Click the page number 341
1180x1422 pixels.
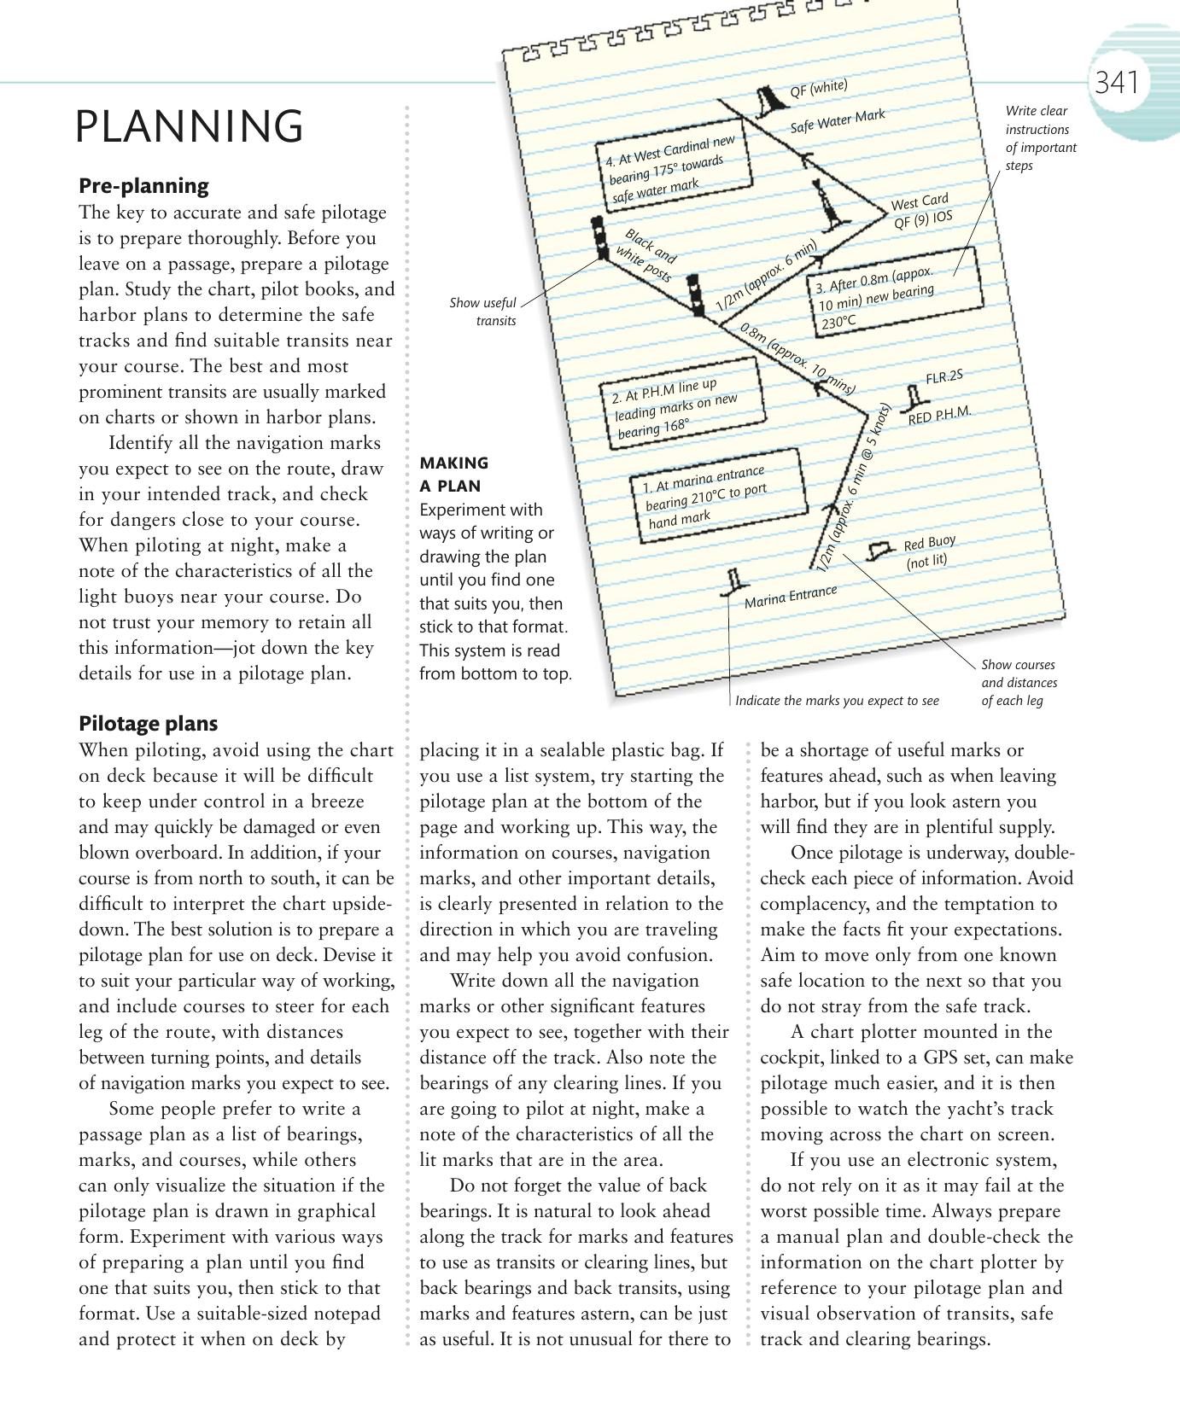click(x=1116, y=83)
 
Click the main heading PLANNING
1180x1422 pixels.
click(x=189, y=126)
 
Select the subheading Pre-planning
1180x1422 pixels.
click(x=143, y=185)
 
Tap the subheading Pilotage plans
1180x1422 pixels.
click(x=148, y=723)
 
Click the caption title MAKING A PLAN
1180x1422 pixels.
click(x=454, y=475)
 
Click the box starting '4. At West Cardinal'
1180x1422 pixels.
click(x=676, y=170)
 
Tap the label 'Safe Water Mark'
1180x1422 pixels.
click(x=837, y=121)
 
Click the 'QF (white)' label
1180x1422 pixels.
click(x=818, y=88)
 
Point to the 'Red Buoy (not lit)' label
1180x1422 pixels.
click(x=928, y=551)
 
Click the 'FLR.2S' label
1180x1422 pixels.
click(x=943, y=376)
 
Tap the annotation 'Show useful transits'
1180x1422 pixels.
click(x=484, y=312)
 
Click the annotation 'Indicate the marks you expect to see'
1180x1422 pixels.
click(x=837, y=701)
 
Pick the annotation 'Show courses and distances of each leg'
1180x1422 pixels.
click(x=1018, y=682)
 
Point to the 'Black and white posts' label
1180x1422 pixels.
click(x=649, y=254)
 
